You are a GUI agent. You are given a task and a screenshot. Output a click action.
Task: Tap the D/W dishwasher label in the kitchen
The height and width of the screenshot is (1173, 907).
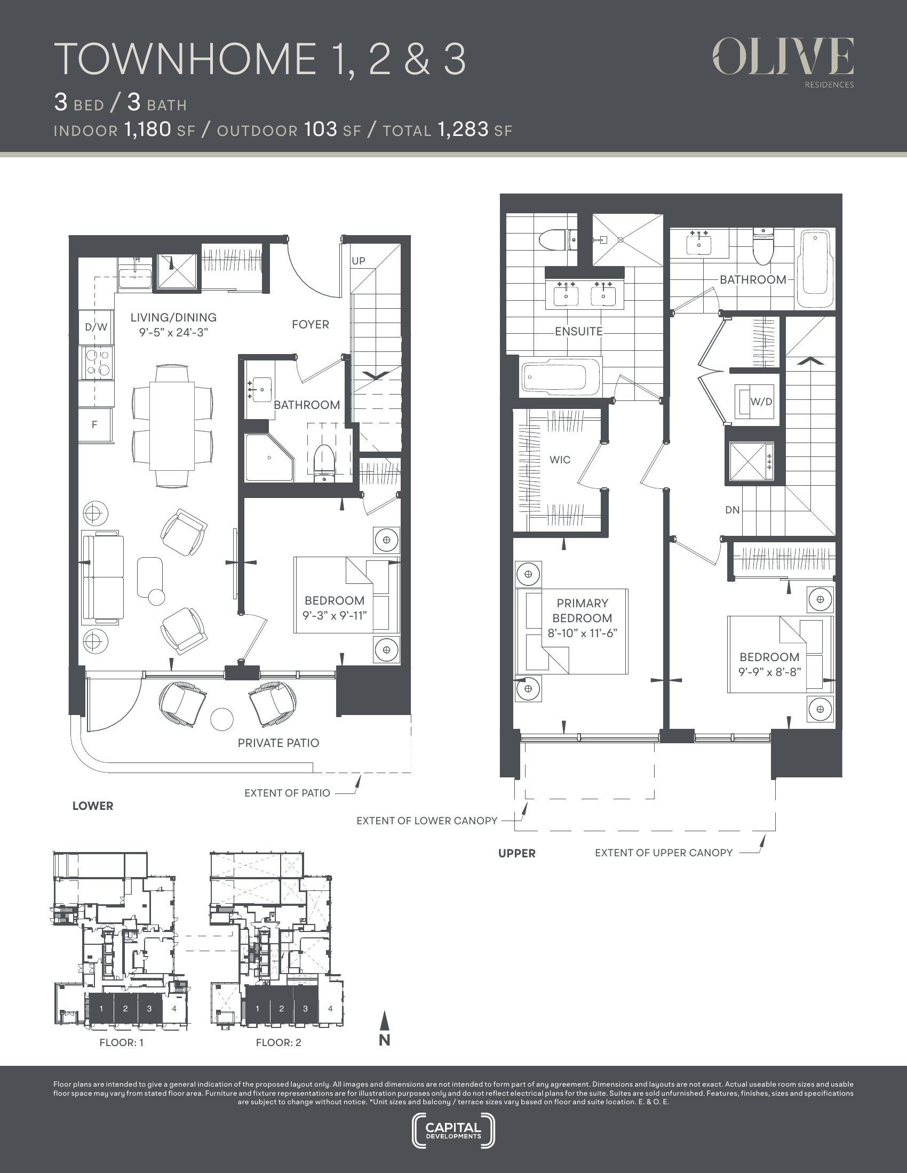[96, 326]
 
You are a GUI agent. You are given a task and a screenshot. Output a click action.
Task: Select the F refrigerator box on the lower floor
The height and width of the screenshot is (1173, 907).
[95, 425]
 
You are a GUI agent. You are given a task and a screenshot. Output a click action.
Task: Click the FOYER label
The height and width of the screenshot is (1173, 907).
[311, 324]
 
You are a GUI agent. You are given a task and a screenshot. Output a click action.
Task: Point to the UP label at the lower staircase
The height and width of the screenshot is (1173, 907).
[359, 261]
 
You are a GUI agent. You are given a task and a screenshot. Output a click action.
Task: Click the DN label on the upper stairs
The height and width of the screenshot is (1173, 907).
[733, 510]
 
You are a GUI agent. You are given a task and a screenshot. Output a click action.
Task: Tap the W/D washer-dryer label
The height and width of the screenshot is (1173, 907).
[761, 401]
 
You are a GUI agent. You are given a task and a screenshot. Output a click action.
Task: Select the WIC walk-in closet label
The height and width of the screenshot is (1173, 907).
[560, 460]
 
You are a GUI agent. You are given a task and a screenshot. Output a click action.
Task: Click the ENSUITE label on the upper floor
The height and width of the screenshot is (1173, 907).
[579, 332]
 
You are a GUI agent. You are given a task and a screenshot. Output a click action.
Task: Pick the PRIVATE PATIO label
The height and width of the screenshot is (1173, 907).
[279, 743]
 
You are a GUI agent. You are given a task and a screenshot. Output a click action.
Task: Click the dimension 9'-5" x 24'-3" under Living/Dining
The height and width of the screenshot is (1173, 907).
[173, 333]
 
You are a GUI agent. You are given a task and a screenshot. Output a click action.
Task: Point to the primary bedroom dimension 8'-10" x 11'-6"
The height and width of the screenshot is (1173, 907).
[583, 633]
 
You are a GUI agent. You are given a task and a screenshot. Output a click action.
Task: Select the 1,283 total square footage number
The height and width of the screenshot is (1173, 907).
[463, 130]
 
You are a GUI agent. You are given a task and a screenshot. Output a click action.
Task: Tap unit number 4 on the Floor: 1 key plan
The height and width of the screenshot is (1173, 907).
[174, 1009]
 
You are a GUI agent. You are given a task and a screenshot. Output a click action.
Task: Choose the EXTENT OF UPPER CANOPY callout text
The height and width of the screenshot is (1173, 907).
[664, 853]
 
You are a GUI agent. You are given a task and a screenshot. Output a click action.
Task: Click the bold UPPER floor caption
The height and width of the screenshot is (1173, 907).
[517, 854]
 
